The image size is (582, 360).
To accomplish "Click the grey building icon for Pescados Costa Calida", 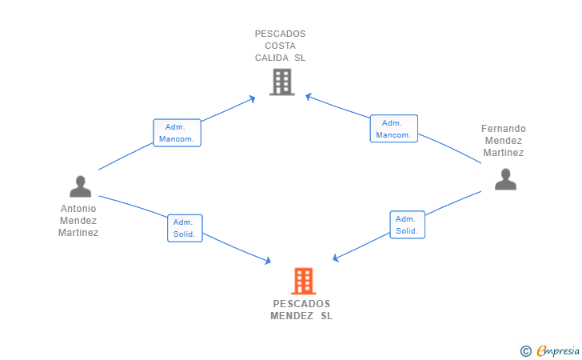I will click(x=281, y=82).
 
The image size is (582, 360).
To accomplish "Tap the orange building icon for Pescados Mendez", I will click(x=303, y=281).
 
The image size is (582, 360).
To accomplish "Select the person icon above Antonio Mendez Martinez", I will click(x=80, y=186).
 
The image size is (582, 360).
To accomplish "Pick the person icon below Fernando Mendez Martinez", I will click(x=505, y=179).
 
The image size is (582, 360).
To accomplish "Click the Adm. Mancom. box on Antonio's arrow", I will click(x=177, y=133).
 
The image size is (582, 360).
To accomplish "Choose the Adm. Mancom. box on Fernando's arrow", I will click(x=393, y=129).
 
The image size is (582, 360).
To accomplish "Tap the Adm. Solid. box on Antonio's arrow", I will click(x=185, y=228).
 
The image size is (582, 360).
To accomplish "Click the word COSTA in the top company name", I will click(x=280, y=46).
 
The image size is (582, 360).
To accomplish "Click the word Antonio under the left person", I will click(x=78, y=209).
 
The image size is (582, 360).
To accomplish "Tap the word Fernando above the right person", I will click(x=504, y=129).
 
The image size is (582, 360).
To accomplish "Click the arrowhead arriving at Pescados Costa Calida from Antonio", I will click(x=253, y=98).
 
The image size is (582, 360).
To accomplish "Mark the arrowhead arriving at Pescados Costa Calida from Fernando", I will click(x=309, y=98).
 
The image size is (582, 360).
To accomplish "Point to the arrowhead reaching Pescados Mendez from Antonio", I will click(x=269, y=261).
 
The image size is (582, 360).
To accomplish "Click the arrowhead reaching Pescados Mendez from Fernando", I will click(x=336, y=258).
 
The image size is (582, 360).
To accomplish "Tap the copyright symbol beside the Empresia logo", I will click(x=525, y=350).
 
